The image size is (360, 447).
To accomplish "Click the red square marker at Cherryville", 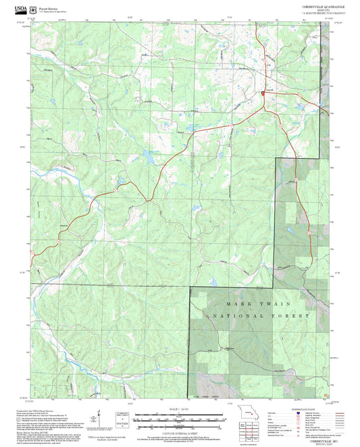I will (263, 93).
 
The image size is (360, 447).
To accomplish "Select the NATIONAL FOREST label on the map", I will (261, 316).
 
